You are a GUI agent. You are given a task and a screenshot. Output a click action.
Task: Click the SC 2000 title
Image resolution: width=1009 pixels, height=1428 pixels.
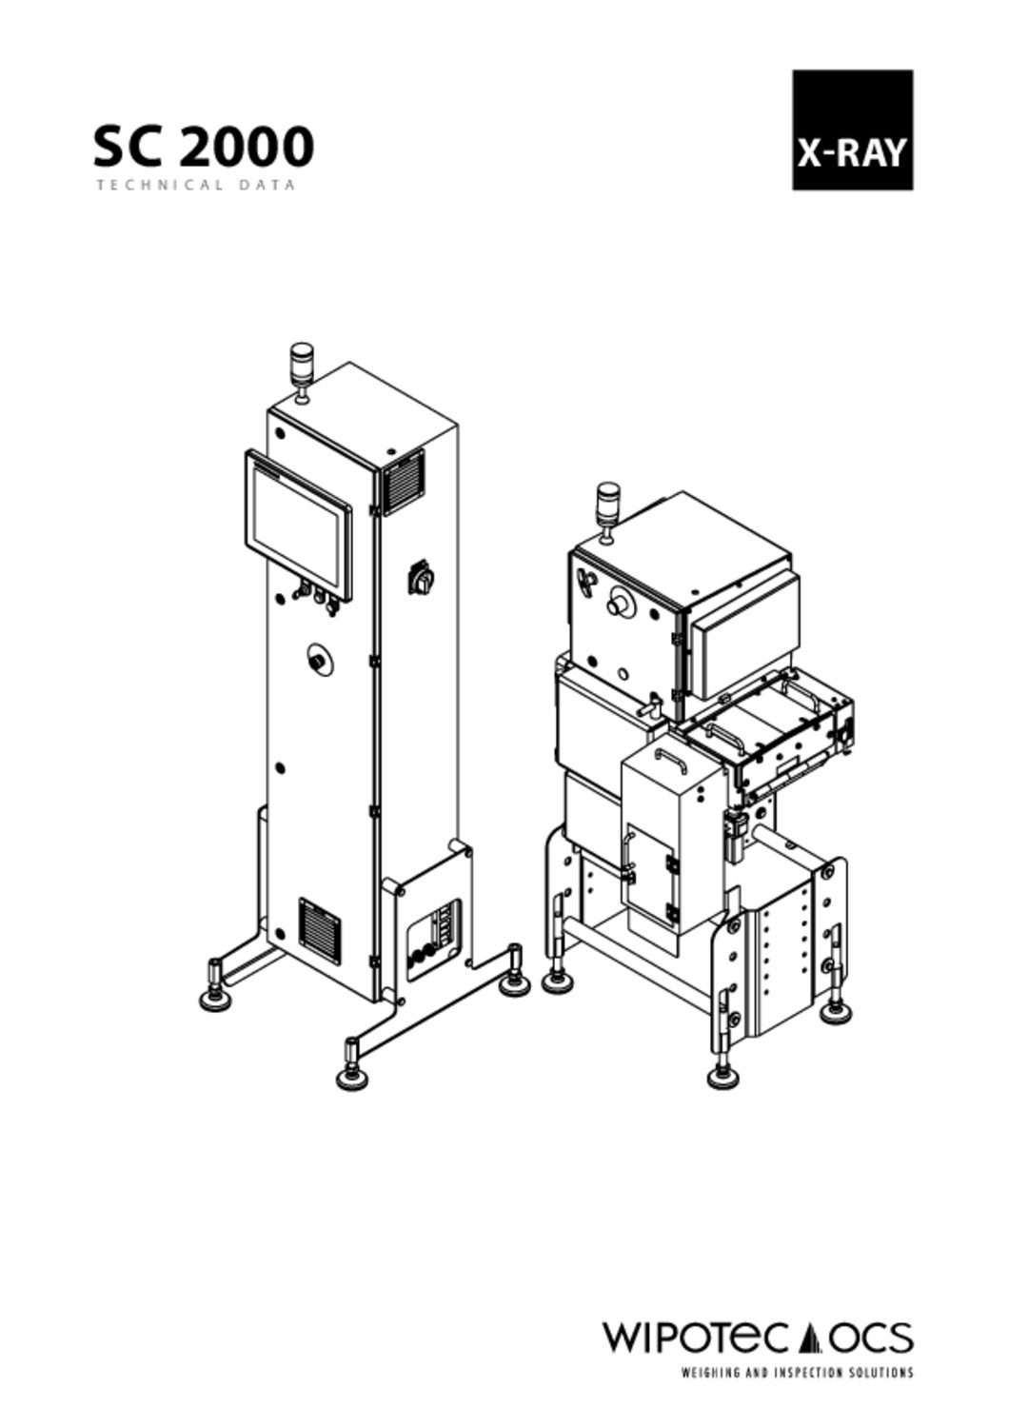(x=204, y=146)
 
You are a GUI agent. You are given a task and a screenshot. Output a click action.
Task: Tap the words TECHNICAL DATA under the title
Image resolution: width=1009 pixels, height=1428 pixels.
(x=196, y=186)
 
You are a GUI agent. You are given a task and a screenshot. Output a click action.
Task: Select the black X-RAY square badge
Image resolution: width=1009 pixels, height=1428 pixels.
(x=852, y=130)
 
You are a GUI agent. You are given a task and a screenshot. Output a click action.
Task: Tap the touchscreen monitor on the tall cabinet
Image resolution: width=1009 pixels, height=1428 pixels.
(x=298, y=525)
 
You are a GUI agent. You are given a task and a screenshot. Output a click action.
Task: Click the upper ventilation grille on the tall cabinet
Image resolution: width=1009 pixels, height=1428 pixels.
(x=402, y=482)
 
